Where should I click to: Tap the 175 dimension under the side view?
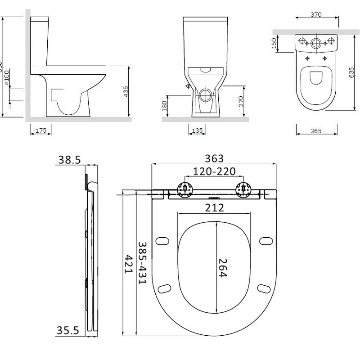[40, 130]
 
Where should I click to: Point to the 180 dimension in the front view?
[165, 106]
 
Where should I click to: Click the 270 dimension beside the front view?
[241, 101]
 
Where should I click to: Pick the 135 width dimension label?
[197, 130]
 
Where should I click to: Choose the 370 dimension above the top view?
[316, 15]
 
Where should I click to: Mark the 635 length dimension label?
[351, 72]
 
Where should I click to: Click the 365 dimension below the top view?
[316, 131]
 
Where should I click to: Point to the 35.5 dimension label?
[67, 331]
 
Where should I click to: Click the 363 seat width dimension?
[214, 158]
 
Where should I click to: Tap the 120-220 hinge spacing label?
[214, 171]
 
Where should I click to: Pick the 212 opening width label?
[215, 207]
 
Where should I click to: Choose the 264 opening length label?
[222, 268]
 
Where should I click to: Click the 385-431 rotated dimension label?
[142, 263]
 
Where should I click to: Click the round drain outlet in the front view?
[206, 95]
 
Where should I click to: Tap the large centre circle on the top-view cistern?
[316, 44]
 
